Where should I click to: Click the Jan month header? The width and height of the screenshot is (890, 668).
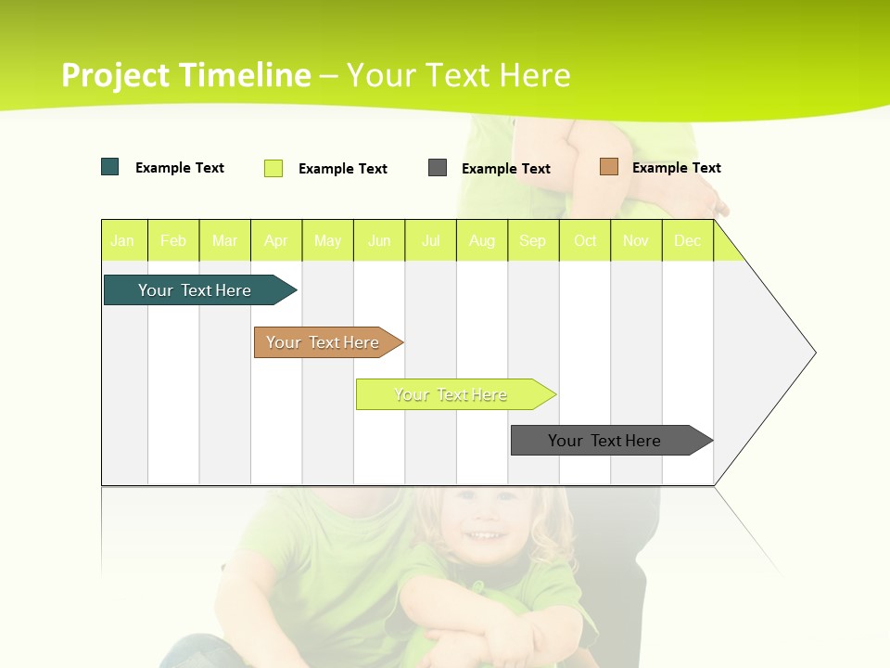coord(122,240)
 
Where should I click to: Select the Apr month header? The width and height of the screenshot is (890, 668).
coord(276,240)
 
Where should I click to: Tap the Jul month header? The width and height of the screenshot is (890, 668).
coord(431,240)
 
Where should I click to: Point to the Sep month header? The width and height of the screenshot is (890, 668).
coord(533,240)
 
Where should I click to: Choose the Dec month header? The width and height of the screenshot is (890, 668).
coord(688,240)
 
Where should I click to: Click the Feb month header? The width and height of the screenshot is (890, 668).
coord(173,240)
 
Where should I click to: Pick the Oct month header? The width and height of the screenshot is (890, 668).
coord(585,240)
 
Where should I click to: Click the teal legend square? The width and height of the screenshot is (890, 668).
coord(110,167)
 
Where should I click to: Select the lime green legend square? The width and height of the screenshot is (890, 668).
coord(273,168)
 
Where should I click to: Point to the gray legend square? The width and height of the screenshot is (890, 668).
coord(438,168)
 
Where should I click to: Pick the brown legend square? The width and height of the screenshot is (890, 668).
coord(609,167)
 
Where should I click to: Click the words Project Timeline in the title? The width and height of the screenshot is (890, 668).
coord(186,75)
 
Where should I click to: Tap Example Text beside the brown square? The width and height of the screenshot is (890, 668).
coord(677,168)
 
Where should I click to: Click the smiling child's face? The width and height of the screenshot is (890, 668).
coord(484,521)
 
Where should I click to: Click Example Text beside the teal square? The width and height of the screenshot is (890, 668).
coord(180,168)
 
